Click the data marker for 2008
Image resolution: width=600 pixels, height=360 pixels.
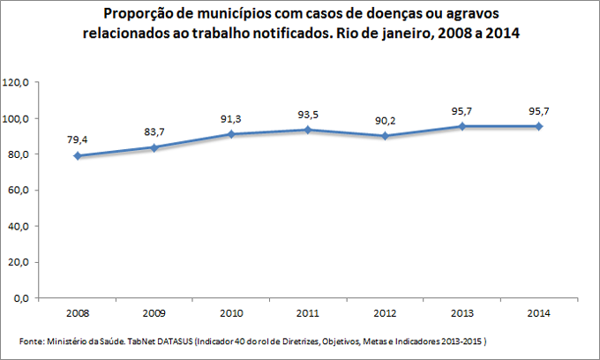[77, 155]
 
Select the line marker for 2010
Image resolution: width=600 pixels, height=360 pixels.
[232, 134]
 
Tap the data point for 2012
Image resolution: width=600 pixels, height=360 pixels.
[385, 136]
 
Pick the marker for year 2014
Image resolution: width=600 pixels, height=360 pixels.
[540, 126]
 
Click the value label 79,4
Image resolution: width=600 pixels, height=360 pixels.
[77, 139]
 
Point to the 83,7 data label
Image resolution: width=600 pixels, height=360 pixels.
[154, 131]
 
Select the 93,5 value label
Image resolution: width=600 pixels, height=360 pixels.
[309, 113]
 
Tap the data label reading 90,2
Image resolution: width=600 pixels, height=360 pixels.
[385, 119]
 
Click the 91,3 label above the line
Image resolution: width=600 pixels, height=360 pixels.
[232, 117]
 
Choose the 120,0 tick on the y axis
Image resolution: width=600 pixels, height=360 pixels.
[18, 82]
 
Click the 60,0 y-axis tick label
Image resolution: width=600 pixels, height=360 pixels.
[20, 191]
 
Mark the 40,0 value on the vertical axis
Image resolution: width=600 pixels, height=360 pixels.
[20, 227]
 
